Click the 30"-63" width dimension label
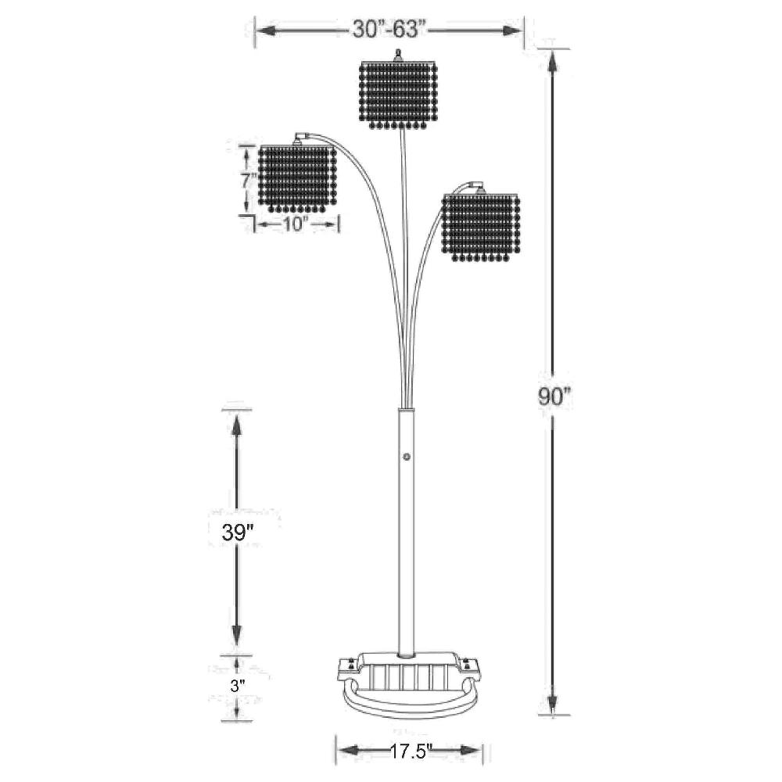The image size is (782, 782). coord(388,30)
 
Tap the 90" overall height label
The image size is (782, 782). coord(555,396)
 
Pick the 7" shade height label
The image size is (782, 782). coord(247,180)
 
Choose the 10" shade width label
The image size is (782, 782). coord(297,224)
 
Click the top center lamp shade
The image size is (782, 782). coord(398,92)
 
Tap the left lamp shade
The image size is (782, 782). coord(297,178)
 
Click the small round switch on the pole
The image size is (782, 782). coord(406,457)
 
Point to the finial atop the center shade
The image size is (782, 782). coord(399,55)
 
